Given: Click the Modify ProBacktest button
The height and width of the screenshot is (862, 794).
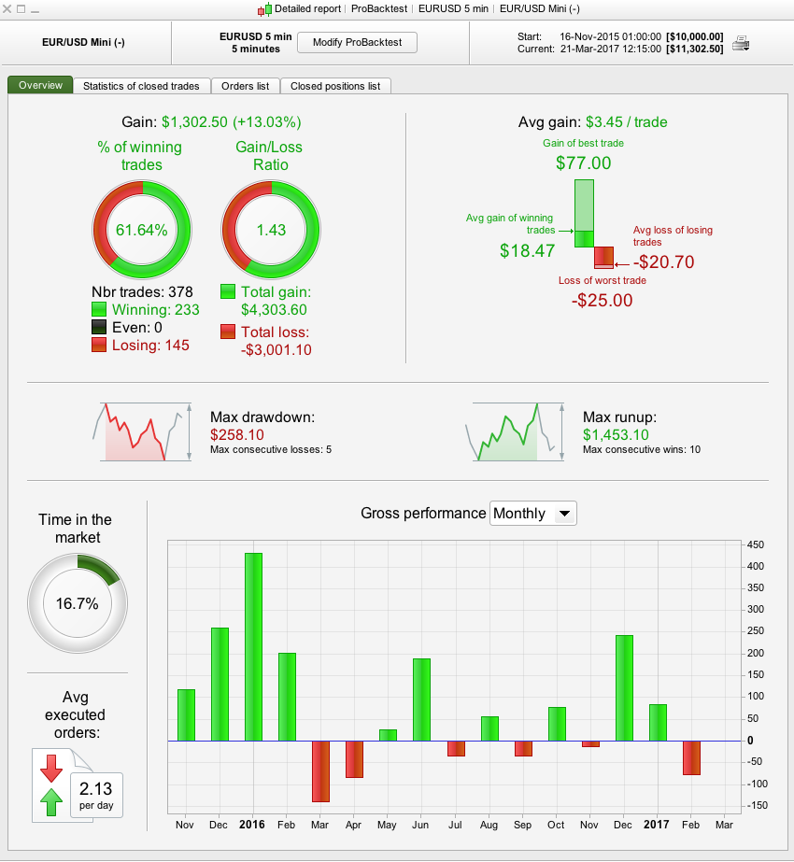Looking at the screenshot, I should pos(350,43).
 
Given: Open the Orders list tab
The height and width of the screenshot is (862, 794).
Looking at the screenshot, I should pos(245,86).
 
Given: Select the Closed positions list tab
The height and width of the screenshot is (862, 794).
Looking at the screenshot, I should pos(335,86).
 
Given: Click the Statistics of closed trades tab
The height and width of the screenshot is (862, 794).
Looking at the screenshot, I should pos(141,86).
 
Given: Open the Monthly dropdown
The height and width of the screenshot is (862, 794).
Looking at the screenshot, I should pos(533,514).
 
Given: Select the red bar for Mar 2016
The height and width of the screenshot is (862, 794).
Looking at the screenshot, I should pos(320,771).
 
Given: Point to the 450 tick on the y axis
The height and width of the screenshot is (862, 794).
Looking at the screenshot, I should pos(757,545).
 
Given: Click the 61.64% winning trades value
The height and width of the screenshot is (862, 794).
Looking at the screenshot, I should pos(142,230).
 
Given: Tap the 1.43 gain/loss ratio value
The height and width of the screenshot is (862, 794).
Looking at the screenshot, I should pos(270,230).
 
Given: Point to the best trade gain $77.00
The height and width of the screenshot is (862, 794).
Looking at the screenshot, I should pos(583,163).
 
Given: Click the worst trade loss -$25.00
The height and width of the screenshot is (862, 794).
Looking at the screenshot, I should pos(602,300).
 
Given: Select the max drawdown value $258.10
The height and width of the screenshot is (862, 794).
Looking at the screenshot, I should pos(237,435).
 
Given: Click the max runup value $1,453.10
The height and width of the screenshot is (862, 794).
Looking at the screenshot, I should pos(616,435).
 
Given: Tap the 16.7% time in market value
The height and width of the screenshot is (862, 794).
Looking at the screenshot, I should pos(78,603).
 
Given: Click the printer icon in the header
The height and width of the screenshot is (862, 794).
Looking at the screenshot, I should pos(740,43).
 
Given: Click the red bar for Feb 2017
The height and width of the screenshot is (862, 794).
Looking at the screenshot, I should pos(690,757).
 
